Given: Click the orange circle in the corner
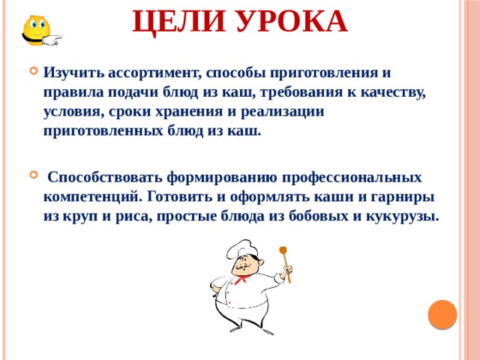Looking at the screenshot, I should pos(442,314).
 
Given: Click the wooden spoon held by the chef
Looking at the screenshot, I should pos(285,262).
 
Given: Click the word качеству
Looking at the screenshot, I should pos(394,93).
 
